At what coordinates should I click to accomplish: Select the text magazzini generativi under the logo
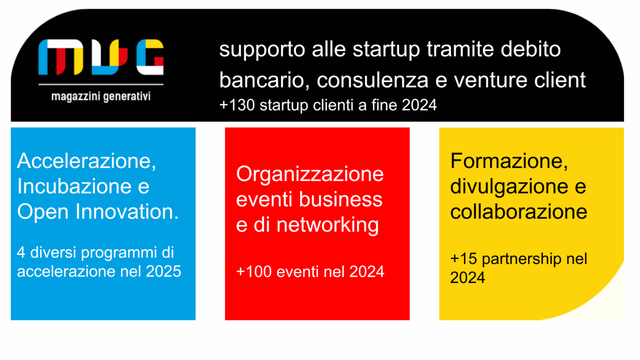click(x=101, y=96)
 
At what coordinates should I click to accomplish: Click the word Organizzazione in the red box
click(x=310, y=174)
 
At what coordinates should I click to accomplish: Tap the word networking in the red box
click(x=328, y=225)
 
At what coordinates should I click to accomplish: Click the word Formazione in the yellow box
click(x=509, y=161)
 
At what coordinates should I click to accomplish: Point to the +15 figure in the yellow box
click(x=463, y=259)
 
